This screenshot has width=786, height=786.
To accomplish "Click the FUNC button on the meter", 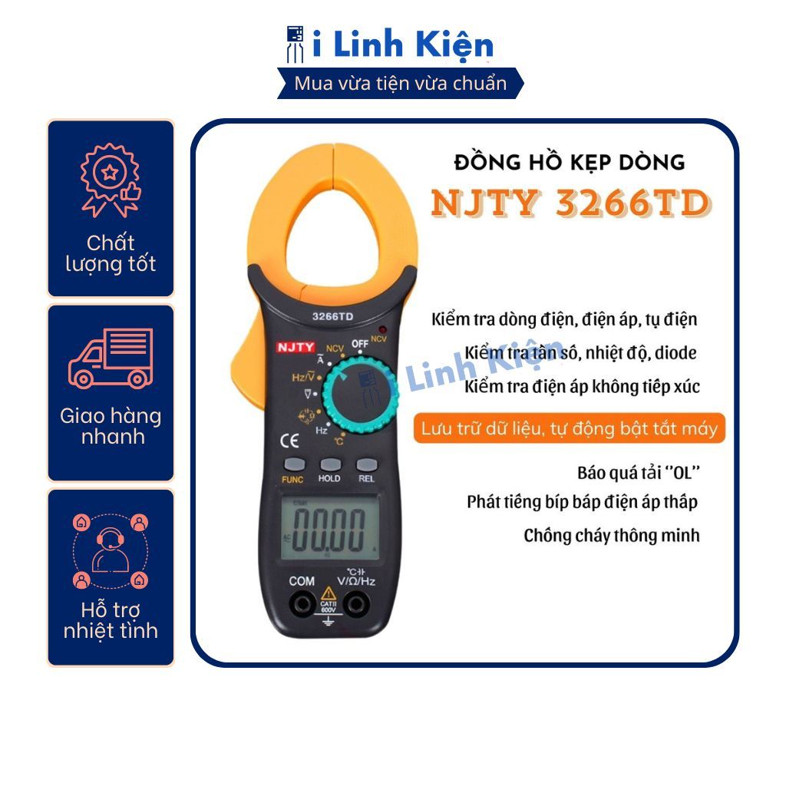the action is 294,464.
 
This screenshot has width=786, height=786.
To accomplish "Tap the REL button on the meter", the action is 367,464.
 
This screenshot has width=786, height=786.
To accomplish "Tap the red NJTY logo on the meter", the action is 296,348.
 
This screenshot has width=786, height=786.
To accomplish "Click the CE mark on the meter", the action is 289,441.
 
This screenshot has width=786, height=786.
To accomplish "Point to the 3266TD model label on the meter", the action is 332,316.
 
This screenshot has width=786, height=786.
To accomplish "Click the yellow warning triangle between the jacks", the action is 329,594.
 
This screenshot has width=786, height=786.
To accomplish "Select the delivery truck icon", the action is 111,358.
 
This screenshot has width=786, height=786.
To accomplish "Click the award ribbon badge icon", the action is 111,180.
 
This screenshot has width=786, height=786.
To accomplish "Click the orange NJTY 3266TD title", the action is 570,203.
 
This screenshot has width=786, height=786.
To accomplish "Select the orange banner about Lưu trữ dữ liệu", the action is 569,428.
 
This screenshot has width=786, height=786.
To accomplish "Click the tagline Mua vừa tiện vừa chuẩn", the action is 401,83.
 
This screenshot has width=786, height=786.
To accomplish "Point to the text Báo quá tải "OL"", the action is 638,473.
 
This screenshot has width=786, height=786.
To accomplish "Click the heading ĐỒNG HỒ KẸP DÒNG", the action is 570,163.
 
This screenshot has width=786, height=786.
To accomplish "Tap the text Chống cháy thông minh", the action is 612,535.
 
